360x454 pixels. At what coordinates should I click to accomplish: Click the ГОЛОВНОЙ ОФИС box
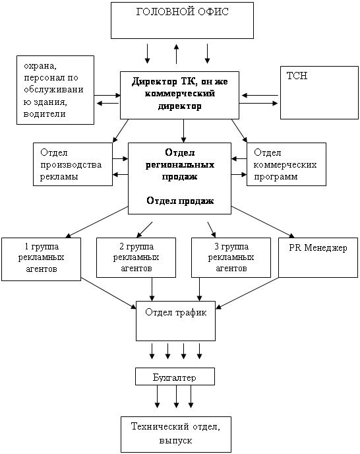coord(183,20)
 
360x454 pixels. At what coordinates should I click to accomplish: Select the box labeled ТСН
coord(319,92)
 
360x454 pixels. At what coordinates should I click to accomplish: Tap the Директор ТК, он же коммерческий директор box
coord(180,95)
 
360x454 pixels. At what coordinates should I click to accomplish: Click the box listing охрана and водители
coord(55,90)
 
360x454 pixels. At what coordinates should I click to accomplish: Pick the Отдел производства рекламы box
coord(73,164)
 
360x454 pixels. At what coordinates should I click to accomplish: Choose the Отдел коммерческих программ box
coord(287,164)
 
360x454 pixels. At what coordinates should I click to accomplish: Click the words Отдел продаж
coord(180,201)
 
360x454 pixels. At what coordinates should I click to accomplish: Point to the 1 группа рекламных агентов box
coord(41,259)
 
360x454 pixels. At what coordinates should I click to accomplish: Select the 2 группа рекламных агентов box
coord(136,258)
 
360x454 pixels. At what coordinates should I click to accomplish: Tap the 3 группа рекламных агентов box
coord(231,258)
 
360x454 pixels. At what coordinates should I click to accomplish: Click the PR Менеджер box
coord(318,258)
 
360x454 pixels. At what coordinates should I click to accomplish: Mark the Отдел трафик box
coord(175,321)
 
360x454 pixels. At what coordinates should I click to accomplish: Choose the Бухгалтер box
coord(175,376)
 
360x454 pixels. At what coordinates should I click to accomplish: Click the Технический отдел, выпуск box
coord(176,434)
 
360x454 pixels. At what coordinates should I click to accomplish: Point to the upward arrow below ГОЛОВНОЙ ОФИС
coord(176,54)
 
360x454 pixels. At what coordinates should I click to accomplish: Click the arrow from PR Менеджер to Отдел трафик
coord(247,293)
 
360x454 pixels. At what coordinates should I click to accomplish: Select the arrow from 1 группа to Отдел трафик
coord(109,293)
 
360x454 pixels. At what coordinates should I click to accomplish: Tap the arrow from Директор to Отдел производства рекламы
coord(121,131)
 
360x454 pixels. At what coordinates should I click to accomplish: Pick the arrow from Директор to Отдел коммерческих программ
coord(239,131)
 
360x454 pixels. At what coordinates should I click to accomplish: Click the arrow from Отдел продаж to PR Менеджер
coord(263,222)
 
